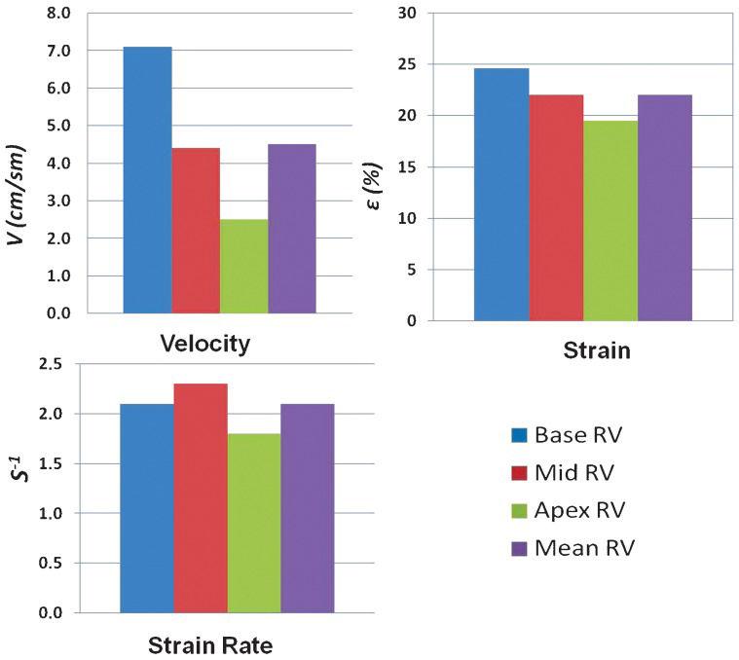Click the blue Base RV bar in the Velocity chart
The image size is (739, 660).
pyautogui.click(x=147, y=180)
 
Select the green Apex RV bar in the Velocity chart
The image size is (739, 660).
pyautogui.click(x=243, y=266)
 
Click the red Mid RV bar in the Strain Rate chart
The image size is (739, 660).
pyautogui.click(x=201, y=497)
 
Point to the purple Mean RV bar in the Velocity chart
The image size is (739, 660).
pyautogui.click(x=292, y=229)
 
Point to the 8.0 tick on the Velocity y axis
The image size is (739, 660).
pyautogui.click(x=60, y=14)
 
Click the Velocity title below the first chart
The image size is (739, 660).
pyautogui.click(x=205, y=344)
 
